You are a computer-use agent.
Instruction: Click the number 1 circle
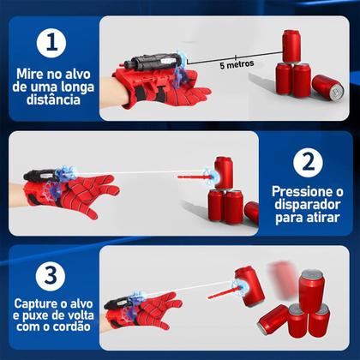pyautogui.click(x=53, y=45)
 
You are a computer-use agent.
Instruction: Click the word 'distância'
pyautogui.click(x=53, y=99)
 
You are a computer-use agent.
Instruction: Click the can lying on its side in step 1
pyautogui.click(x=327, y=85)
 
